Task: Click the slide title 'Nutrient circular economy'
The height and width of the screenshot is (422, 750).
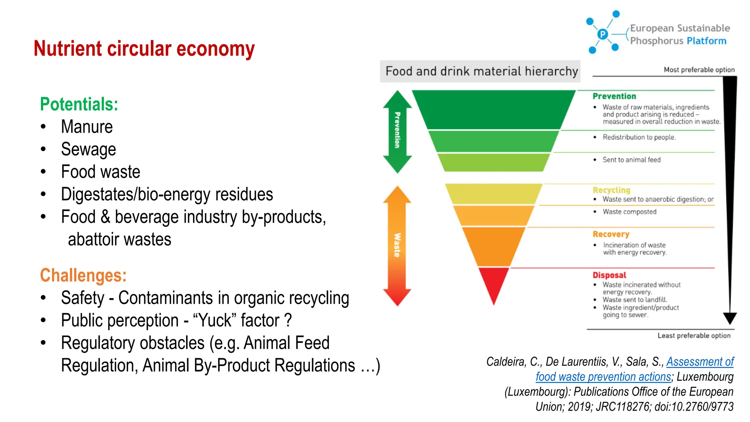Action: coord(144,49)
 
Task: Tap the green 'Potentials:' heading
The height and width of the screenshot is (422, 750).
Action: coord(79,104)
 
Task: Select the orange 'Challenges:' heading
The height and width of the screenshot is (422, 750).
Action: coord(83,275)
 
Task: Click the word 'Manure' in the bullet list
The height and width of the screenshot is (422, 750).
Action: coord(87,127)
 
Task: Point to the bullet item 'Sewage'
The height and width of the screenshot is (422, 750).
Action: coord(88,149)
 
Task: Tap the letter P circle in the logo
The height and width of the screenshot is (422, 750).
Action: coord(602,34)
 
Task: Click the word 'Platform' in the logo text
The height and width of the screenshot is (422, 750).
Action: coord(706,41)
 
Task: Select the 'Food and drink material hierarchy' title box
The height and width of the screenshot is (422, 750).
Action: coord(480,71)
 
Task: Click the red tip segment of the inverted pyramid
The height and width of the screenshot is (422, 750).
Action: coord(494,282)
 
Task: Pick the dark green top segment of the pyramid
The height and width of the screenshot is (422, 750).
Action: coord(494,109)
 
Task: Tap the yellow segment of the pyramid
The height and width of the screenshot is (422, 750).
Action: coord(494,193)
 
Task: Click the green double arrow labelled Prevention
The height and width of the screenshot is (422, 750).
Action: coord(397,131)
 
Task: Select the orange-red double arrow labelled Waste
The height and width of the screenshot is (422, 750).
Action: coord(397,245)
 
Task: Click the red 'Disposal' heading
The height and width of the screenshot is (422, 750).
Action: coord(609,275)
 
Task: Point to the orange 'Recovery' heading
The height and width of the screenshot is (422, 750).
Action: coord(611,234)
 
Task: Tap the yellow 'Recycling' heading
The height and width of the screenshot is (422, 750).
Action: coord(612,190)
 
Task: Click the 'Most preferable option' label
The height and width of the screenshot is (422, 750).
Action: coord(699,70)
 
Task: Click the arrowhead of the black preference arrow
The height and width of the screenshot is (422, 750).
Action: coord(729,318)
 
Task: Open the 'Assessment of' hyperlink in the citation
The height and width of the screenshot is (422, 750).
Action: coord(700,362)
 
